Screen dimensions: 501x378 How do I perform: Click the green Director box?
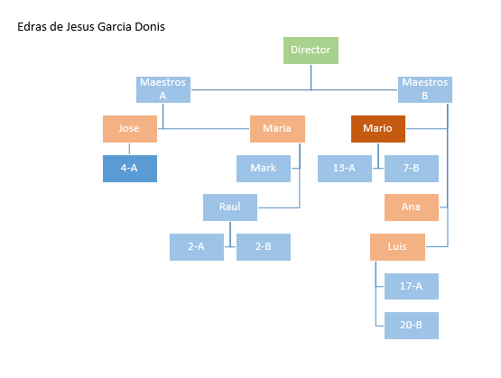pos(311,51)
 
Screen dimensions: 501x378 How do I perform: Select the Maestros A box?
pos(163,89)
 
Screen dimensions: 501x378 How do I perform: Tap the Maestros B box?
pos(425,89)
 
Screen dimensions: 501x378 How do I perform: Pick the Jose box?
pos(130,129)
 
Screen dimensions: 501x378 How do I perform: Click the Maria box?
pos(277,129)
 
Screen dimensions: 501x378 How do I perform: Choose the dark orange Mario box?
pos(378,129)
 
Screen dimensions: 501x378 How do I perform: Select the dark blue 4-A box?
pos(130,169)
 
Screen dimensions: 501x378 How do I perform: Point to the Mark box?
pos(264,169)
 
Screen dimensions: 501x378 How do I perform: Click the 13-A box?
pos(345,169)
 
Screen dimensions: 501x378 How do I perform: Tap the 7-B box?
pos(412,169)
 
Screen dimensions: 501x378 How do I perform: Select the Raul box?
pos(230,207)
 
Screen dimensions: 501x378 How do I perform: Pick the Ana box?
pos(412,207)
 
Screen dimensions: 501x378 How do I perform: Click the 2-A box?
pos(197,247)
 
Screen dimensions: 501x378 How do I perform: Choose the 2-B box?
pos(264,247)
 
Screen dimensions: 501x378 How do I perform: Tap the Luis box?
pos(397,247)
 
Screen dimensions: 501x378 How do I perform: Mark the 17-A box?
pos(412,286)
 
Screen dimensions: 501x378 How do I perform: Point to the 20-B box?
pos(412,326)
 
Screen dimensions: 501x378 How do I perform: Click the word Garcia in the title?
pos(115,27)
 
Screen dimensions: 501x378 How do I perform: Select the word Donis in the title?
pos(150,27)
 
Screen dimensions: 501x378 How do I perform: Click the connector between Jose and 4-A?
pos(129,149)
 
